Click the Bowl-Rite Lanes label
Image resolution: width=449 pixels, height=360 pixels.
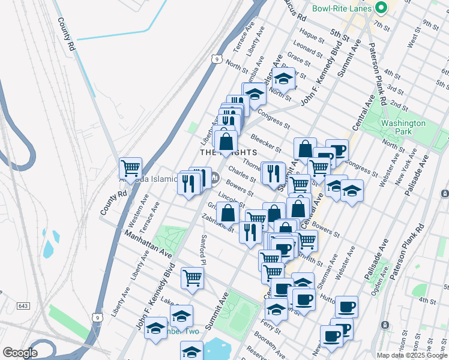pyautogui.click(x=341, y=9)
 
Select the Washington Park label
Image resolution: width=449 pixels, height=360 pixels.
pyautogui.click(x=403, y=127)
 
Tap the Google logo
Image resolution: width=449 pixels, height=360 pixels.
pyautogui.click(x=20, y=353)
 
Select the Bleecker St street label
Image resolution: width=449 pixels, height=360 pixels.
pyautogui.click(x=266, y=142)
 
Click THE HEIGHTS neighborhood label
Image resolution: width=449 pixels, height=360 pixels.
pyautogui.click(x=223, y=153)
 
